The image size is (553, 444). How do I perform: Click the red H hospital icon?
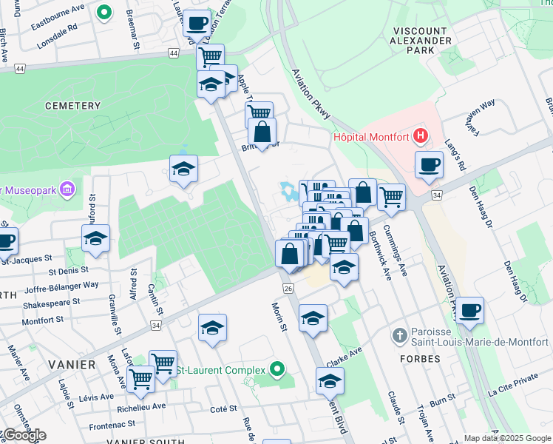point(421,135)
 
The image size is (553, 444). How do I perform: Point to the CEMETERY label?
point(72,106)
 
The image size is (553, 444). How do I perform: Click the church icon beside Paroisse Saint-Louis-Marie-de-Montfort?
point(399,335)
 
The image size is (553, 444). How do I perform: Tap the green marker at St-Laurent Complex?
point(277,368)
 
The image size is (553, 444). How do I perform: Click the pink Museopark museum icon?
point(68,190)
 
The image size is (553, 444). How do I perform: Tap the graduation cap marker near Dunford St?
point(96,238)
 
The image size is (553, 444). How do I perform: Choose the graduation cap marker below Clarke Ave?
point(330,381)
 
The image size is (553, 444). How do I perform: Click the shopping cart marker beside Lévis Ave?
point(140,378)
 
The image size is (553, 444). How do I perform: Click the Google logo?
point(24,434)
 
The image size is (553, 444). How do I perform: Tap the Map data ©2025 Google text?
point(507,438)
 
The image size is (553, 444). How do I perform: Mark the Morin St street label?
point(278,317)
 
